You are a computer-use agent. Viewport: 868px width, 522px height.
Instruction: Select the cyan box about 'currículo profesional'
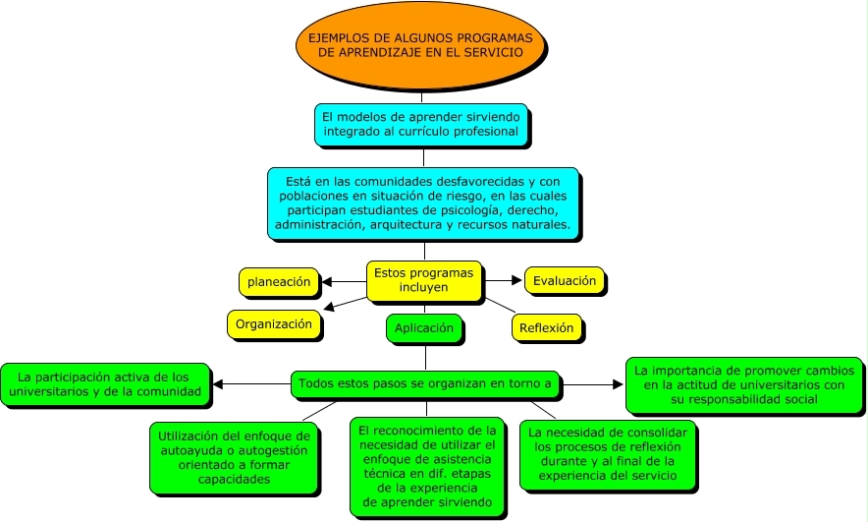tap(422, 124)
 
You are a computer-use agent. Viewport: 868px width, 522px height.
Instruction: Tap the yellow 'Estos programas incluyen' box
tap(423, 280)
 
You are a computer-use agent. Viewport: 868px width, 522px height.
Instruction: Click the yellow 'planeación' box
tap(279, 282)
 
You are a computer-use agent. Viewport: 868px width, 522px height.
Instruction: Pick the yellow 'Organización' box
tap(274, 323)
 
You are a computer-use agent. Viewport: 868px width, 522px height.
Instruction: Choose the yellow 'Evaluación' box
tap(564, 281)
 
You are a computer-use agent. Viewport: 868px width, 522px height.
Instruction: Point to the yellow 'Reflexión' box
tap(546, 328)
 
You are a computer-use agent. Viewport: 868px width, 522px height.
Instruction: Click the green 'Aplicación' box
tap(424, 328)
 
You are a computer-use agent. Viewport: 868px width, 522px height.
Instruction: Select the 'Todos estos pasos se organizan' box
tap(425, 383)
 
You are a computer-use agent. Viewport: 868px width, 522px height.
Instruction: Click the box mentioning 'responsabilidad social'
tap(745, 384)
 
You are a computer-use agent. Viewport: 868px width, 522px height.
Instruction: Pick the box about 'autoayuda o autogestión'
tap(233, 458)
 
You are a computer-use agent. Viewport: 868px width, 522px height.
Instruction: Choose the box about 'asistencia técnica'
tap(427, 465)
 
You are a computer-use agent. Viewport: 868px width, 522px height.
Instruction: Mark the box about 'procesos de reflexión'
tap(607, 453)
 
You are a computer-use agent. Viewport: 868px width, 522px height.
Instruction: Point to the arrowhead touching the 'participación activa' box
tap(218, 384)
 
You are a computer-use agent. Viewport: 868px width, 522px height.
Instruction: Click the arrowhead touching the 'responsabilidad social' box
tap(620, 384)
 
